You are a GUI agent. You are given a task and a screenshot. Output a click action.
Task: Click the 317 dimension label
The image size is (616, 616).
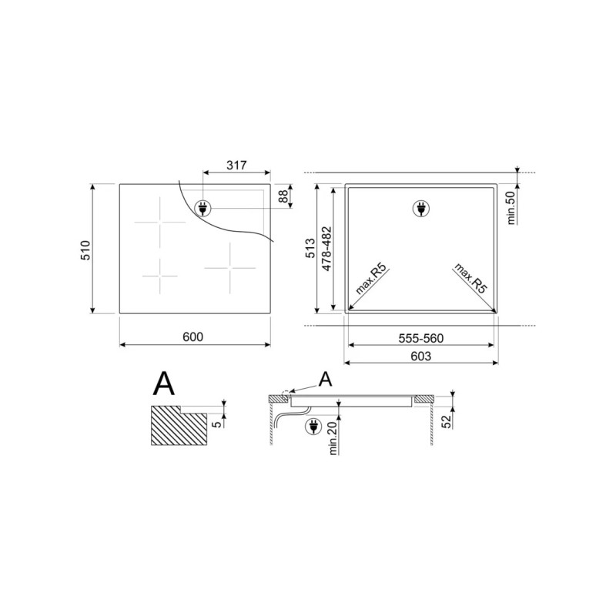(236, 166)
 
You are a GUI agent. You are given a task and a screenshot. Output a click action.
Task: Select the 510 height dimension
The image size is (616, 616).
(85, 250)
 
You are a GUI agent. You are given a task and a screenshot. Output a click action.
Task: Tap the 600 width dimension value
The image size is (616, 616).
(193, 337)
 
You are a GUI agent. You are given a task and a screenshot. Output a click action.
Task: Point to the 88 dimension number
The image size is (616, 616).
(283, 196)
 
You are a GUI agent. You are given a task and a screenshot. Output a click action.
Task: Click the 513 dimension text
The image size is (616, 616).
(310, 248)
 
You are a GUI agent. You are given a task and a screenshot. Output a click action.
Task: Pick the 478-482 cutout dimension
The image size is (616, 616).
(326, 249)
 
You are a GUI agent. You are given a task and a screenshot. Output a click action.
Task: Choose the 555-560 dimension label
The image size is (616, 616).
(420, 338)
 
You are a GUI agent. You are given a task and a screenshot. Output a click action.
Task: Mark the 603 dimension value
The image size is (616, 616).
(420, 356)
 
